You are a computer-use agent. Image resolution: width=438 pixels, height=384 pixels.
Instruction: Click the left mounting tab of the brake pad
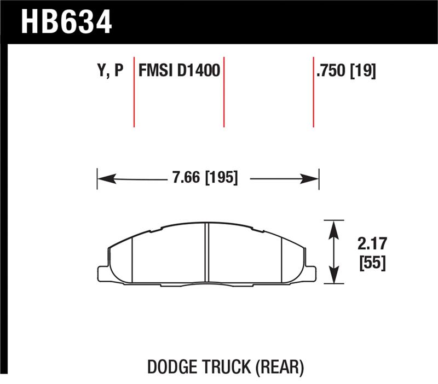[102, 272]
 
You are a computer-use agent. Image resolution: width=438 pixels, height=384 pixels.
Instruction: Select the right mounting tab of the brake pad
[310, 272]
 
